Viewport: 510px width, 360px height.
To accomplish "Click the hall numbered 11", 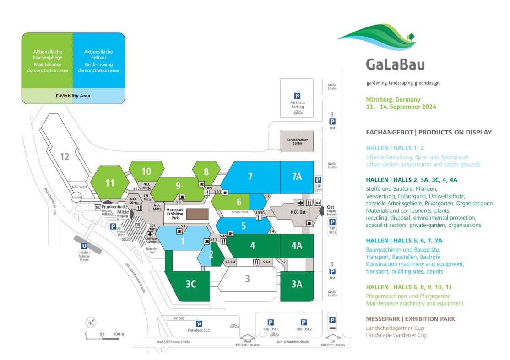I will (110, 183).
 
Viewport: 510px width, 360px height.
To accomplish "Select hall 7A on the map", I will (297, 177).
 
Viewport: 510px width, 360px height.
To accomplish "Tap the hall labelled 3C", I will (191, 284).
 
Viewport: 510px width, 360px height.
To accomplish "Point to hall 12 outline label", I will (65, 157).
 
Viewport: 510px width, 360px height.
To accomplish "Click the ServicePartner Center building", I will (298, 140).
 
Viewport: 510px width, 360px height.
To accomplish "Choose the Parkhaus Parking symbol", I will (297, 96).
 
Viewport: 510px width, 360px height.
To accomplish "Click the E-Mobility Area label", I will (73, 96).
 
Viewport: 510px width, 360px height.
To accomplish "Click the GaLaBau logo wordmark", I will (395, 63).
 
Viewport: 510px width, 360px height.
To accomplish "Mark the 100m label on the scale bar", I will (119, 334).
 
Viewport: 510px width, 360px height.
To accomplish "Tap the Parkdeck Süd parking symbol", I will (199, 323).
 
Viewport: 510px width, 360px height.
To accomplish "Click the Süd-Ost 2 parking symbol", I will (304, 322).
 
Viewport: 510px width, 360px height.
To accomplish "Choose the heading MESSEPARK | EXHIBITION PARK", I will (411, 319).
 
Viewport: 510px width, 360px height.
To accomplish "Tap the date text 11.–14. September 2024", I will (401, 107).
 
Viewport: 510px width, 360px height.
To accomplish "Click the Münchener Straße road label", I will (54, 204).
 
